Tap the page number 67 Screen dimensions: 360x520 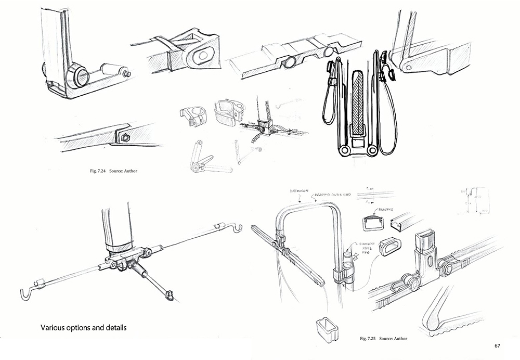[x=497, y=345]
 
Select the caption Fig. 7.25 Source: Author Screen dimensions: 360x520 [x=383, y=339]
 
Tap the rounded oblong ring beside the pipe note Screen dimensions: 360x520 [x=394, y=246]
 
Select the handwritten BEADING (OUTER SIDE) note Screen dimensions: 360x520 [x=333, y=194]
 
